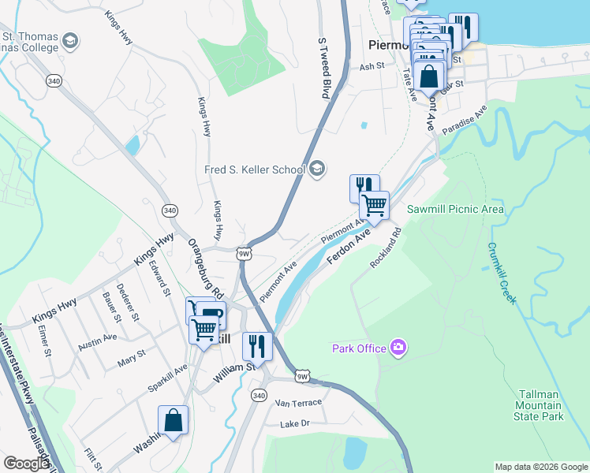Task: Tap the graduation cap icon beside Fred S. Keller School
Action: click(317, 168)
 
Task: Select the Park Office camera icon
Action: click(398, 347)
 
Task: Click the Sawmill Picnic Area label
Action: click(455, 210)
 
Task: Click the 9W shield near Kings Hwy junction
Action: click(243, 253)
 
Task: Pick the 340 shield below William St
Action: click(259, 394)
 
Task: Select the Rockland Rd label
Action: click(386, 248)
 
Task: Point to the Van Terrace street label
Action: click(298, 403)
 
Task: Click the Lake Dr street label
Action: click(297, 425)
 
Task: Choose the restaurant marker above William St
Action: click(257, 346)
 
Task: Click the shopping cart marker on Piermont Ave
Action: click(374, 206)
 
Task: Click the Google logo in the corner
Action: click(26, 464)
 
